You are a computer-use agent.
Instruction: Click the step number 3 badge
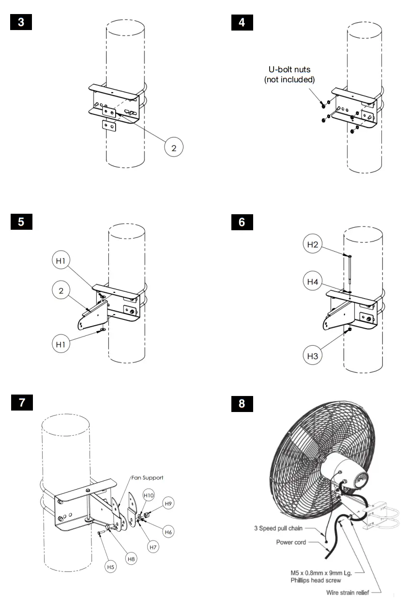pos(21,22)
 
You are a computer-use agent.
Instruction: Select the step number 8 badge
pos(242,403)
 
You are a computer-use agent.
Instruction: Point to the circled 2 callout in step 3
pos(174,147)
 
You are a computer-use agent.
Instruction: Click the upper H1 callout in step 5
pos(61,261)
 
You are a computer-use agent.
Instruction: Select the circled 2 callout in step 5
pos(61,291)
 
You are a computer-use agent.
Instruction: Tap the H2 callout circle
pos(313,245)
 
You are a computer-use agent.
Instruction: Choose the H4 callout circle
pos(313,281)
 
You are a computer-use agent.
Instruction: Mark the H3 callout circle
pos(313,356)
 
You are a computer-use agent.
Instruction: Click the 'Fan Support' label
pos(147,477)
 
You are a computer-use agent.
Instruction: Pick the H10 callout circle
pos(149,495)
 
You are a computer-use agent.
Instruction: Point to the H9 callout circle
pos(168,504)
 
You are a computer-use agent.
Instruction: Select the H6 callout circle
pos(168,532)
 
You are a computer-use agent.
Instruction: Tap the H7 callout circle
pos(153,547)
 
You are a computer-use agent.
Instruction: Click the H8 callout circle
pos(131,558)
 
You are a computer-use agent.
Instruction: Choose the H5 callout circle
pos(111,566)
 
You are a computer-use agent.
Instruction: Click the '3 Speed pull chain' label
pos(278,528)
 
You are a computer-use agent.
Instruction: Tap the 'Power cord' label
pos(291,542)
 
